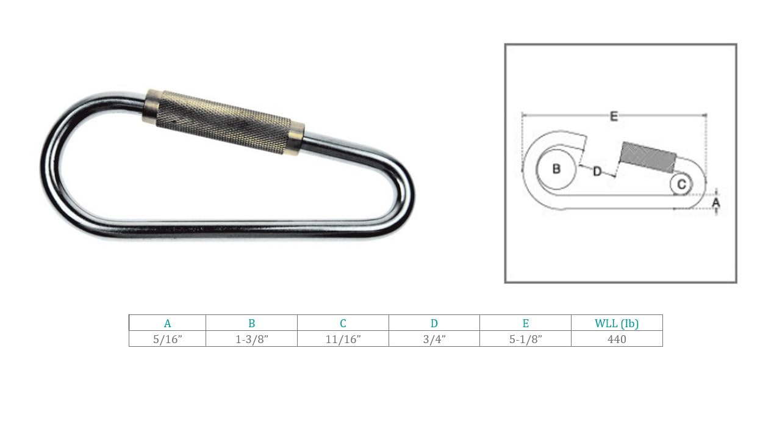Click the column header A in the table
click(167, 324)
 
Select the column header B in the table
click(251, 324)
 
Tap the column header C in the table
click(343, 324)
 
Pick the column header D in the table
click(434, 324)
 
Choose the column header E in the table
click(525, 324)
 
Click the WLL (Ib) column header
click(617, 324)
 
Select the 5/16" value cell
click(167, 339)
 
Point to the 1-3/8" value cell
click(251, 339)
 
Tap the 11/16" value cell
click(343, 339)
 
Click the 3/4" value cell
click(434, 339)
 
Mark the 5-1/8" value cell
click(525, 339)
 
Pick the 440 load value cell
click(617, 339)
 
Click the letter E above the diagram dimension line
click(614, 117)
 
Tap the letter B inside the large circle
click(556, 169)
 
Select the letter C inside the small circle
click(681, 184)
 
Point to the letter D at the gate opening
click(597, 172)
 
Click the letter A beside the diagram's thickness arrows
click(717, 201)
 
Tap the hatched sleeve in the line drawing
click(648, 157)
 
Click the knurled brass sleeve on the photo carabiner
click(224, 122)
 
